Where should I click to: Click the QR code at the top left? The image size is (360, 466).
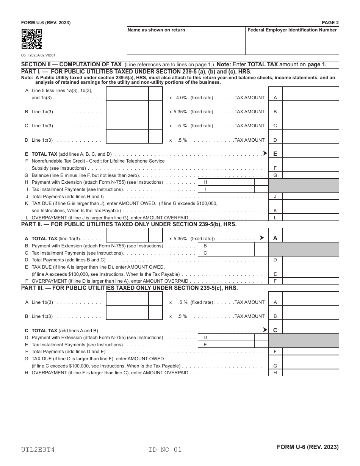tap(31, 39)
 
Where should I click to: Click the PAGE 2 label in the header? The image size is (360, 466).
tap(330, 23)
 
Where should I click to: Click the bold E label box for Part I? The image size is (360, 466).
tap(275, 154)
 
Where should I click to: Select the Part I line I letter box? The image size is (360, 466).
tap(205, 189)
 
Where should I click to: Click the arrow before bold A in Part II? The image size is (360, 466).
tap(261, 238)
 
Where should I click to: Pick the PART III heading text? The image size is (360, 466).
tap(130, 288)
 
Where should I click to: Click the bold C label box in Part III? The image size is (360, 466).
tap(275, 330)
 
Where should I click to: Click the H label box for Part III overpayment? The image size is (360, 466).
tap(275, 372)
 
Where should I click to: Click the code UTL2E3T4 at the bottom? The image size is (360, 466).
tap(38, 450)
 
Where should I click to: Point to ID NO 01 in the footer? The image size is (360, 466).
tap(165, 450)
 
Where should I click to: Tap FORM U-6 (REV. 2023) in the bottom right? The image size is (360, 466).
tap(308, 447)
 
